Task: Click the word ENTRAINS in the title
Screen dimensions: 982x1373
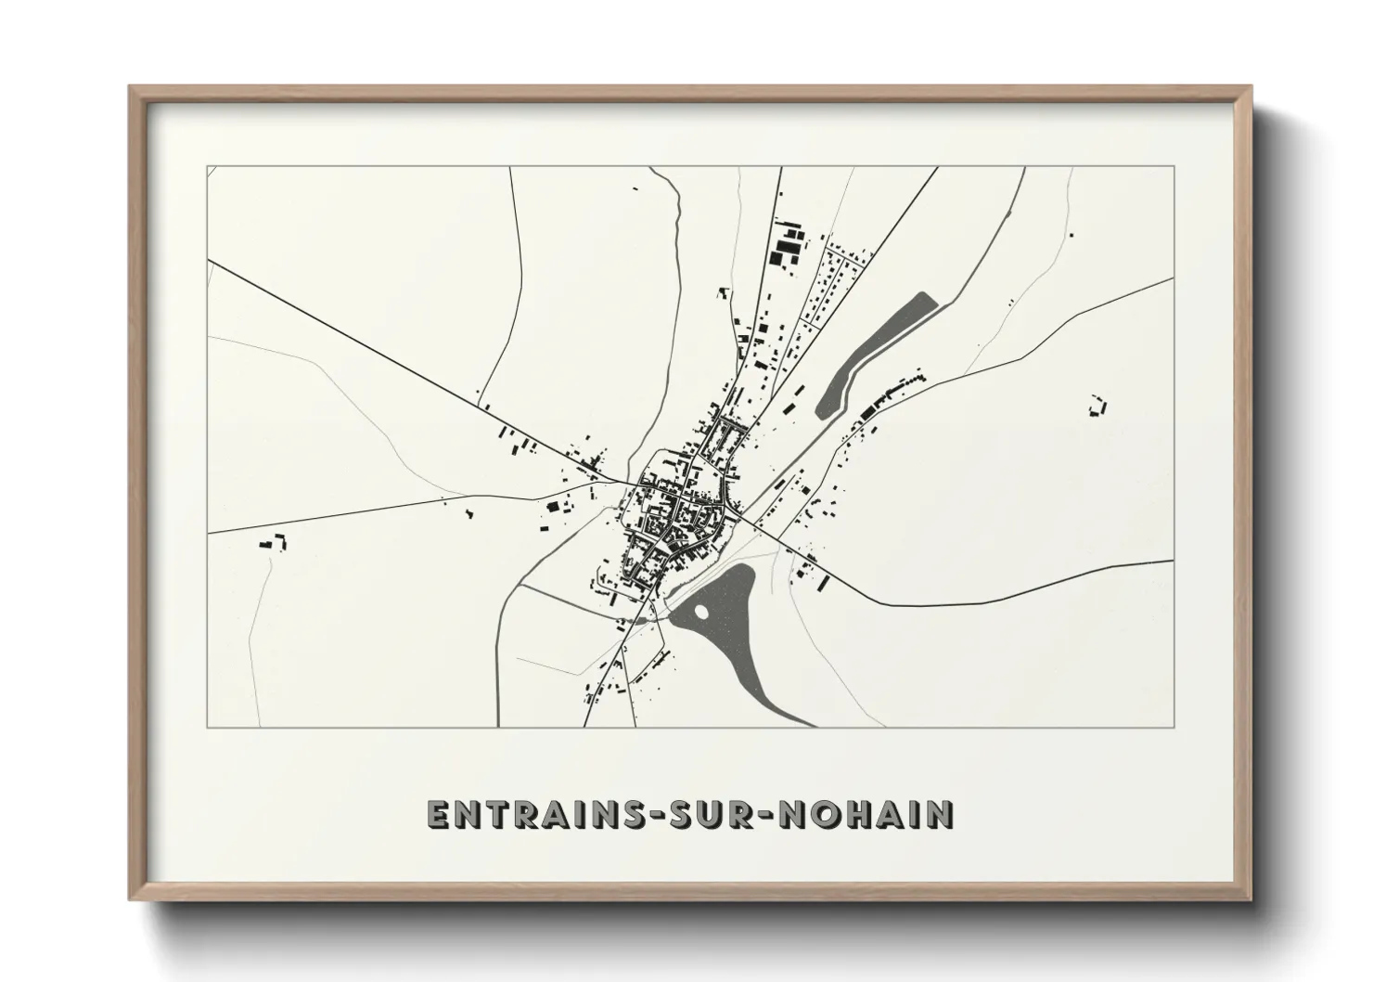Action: pos(530,815)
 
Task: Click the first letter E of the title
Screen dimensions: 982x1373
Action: pos(438,815)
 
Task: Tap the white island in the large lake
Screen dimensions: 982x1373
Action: pos(699,612)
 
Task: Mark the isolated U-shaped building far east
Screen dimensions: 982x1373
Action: pos(1098,406)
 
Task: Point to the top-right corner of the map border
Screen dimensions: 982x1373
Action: pos(1174,167)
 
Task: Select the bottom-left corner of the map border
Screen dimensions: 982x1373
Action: pos(208,727)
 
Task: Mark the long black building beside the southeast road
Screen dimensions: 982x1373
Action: pos(823,582)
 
